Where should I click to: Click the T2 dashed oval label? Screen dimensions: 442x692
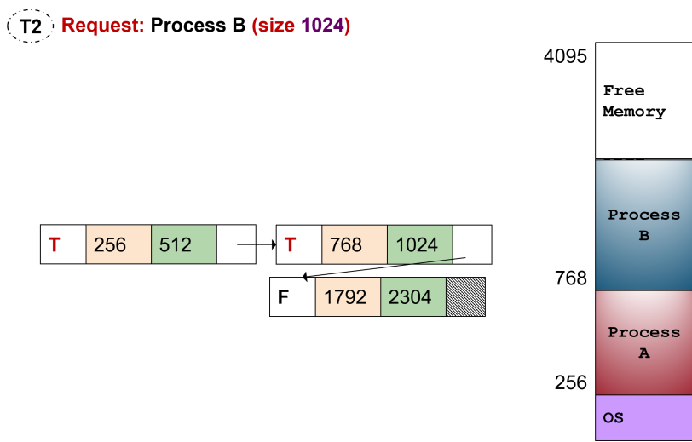[x=30, y=26]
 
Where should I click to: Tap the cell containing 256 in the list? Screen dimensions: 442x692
[x=118, y=244]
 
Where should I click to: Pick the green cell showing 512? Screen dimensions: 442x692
[x=183, y=244]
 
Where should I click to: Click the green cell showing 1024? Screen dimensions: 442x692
[x=419, y=244]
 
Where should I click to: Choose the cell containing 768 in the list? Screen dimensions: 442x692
[x=355, y=244]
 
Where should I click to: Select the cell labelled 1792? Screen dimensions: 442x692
[x=348, y=297]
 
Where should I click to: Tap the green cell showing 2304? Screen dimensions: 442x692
[x=412, y=297]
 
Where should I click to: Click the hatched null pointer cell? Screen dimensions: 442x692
[x=465, y=297]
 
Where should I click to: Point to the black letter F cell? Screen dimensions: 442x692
[x=292, y=297]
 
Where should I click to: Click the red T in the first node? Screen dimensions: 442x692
[x=55, y=244]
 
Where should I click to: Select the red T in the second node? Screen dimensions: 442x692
[x=291, y=244]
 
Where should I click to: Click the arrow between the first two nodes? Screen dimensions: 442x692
[x=257, y=244]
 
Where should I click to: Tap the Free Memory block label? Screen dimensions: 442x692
[x=633, y=100]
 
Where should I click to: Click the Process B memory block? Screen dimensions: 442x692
[x=643, y=226]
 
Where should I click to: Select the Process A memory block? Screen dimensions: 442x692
[x=643, y=342]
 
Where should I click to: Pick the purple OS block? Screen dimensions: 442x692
[x=643, y=417]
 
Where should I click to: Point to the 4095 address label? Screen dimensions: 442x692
[x=565, y=57]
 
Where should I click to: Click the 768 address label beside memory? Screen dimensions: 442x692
[x=570, y=278]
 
